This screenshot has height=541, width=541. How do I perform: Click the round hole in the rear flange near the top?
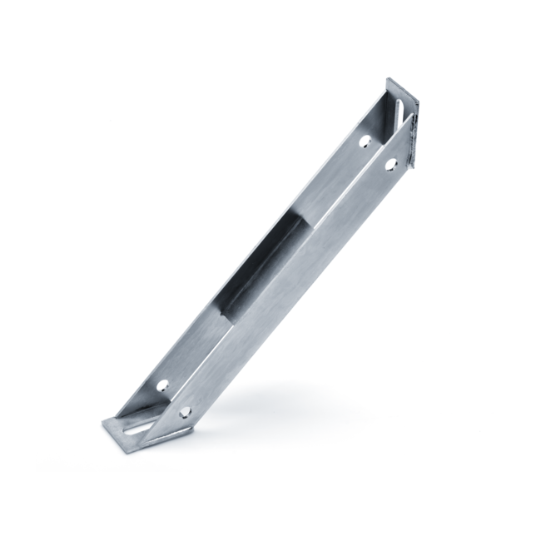(364, 142)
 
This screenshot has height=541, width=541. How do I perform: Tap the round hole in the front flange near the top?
(388, 163)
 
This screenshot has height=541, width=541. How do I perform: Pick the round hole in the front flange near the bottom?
(184, 411)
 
